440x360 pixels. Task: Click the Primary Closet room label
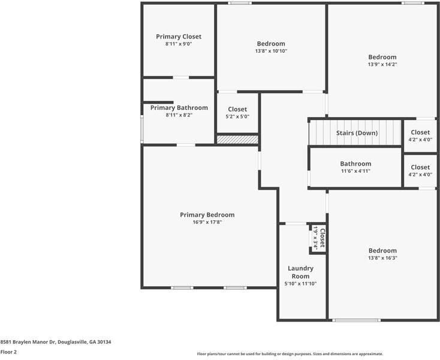click(x=179, y=37)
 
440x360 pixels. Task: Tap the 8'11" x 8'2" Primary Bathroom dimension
click(x=179, y=115)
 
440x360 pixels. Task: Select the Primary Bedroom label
click(x=207, y=215)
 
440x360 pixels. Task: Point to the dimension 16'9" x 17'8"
click(x=207, y=222)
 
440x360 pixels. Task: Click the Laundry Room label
click(x=300, y=272)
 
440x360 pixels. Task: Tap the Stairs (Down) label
click(x=357, y=133)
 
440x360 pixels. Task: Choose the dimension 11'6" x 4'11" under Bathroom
click(x=355, y=171)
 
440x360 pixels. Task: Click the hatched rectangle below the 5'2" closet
click(x=237, y=140)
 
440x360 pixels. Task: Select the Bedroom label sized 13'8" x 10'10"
click(x=271, y=44)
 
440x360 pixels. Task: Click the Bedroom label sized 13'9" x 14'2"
click(x=382, y=57)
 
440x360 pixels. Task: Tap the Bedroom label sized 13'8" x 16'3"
click(x=382, y=250)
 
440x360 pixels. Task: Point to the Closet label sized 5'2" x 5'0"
click(x=237, y=109)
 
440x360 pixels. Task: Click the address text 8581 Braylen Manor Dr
click(x=28, y=342)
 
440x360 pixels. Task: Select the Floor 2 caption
click(x=8, y=352)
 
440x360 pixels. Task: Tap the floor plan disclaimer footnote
click(x=290, y=354)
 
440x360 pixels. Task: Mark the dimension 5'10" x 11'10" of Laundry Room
click(x=300, y=284)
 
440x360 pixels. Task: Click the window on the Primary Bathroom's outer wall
click(x=142, y=129)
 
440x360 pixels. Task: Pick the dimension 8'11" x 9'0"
click(x=179, y=44)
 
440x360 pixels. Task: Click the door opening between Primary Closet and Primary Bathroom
click(x=180, y=77)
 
